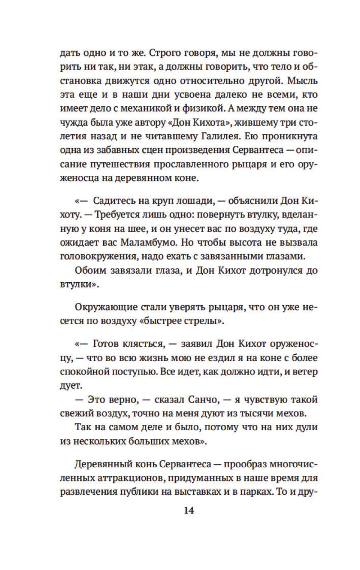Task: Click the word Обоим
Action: click(x=89, y=270)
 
